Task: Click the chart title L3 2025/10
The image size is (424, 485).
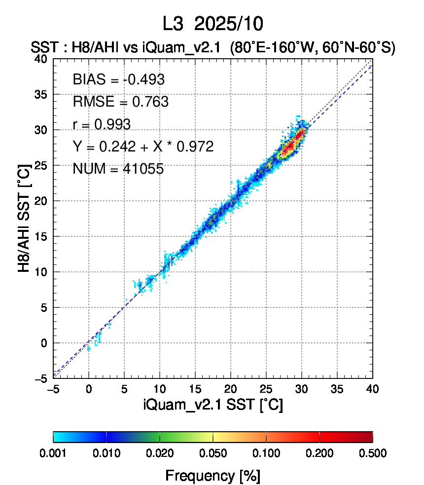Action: [x=213, y=23]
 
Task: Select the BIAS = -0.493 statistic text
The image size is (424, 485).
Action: [x=118, y=79]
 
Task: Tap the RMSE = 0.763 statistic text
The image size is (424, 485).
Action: [x=120, y=102]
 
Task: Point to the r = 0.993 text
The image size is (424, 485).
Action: [x=102, y=124]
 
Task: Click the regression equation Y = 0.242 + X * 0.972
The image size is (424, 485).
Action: [x=143, y=147]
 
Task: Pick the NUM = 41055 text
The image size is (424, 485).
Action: [x=118, y=169]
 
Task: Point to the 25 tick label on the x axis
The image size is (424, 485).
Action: [x=266, y=389]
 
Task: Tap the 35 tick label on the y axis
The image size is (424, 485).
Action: [x=40, y=94]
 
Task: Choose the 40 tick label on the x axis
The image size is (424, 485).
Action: [x=373, y=389]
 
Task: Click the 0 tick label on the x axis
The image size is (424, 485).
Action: [x=89, y=389]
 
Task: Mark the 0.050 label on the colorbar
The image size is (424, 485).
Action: [x=213, y=453]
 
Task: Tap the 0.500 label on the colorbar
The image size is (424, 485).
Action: [x=373, y=453]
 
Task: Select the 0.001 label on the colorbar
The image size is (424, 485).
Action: [x=53, y=453]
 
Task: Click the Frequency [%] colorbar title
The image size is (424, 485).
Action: [x=212, y=476]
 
